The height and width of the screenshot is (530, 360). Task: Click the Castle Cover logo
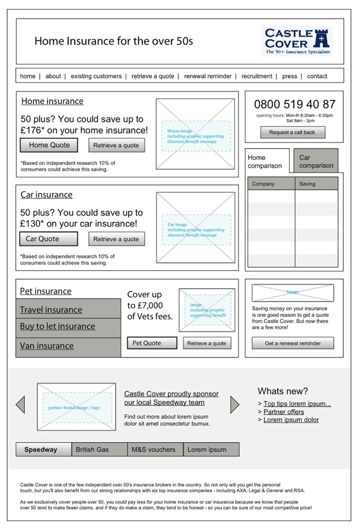[x=296, y=40]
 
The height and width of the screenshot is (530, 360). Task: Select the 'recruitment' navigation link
[x=256, y=76]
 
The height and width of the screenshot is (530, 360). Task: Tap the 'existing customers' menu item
[x=96, y=76]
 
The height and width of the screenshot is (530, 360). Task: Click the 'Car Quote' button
[x=49, y=239]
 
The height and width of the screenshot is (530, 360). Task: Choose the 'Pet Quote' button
[x=151, y=343]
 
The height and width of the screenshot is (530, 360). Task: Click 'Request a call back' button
[x=292, y=133]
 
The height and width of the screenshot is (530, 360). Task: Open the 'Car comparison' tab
[x=316, y=162]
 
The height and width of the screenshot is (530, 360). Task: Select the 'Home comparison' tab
[x=267, y=162]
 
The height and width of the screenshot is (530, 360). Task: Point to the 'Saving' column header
[x=316, y=184]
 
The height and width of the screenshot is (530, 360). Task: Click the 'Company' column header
[x=271, y=184]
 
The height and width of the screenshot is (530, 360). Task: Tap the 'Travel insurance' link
[x=51, y=310]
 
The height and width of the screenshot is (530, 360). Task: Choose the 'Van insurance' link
[x=47, y=346]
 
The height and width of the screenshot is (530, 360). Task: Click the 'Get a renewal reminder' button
[x=292, y=343]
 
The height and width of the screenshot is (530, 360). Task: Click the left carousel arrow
[x=21, y=404]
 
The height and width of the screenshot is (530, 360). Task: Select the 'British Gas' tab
[x=100, y=450]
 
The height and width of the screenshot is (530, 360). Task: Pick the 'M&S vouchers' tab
[x=154, y=450]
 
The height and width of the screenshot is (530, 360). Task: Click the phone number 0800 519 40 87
[x=294, y=105]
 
